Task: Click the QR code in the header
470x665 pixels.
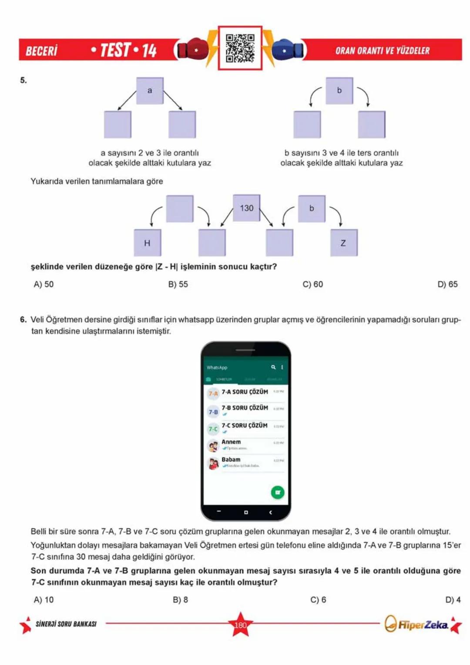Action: click(x=240, y=48)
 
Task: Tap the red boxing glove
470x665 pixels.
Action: click(x=192, y=49)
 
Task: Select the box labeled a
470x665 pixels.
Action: click(x=150, y=91)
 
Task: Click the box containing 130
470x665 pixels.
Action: click(x=246, y=208)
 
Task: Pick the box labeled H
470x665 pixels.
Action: click(x=147, y=243)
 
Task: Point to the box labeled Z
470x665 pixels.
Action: click(x=343, y=243)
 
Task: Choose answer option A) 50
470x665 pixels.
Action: click(x=44, y=284)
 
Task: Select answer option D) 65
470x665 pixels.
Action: click(x=447, y=284)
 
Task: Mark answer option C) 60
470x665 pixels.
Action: click(x=313, y=284)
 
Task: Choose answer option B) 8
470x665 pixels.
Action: click(x=180, y=600)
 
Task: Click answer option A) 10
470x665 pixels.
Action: click(x=44, y=600)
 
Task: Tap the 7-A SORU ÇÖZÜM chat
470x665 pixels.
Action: click(x=245, y=392)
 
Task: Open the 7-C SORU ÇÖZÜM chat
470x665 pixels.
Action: click(x=244, y=426)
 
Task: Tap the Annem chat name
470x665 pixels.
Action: click(x=231, y=442)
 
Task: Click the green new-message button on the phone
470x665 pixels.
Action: click(x=277, y=492)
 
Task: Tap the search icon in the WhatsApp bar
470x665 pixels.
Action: click(x=273, y=368)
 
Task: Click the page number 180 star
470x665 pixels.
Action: click(x=240, y=625)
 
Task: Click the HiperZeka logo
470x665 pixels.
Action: click(x=416, y=625)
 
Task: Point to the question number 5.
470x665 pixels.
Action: click(x=23, y=80)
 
